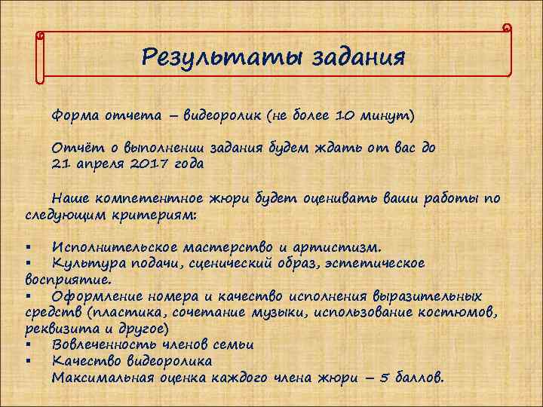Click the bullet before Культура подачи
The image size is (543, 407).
pyautogui.click(x=27, y=264)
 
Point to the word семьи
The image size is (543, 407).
pyautogui.click(x=229, y=344)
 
